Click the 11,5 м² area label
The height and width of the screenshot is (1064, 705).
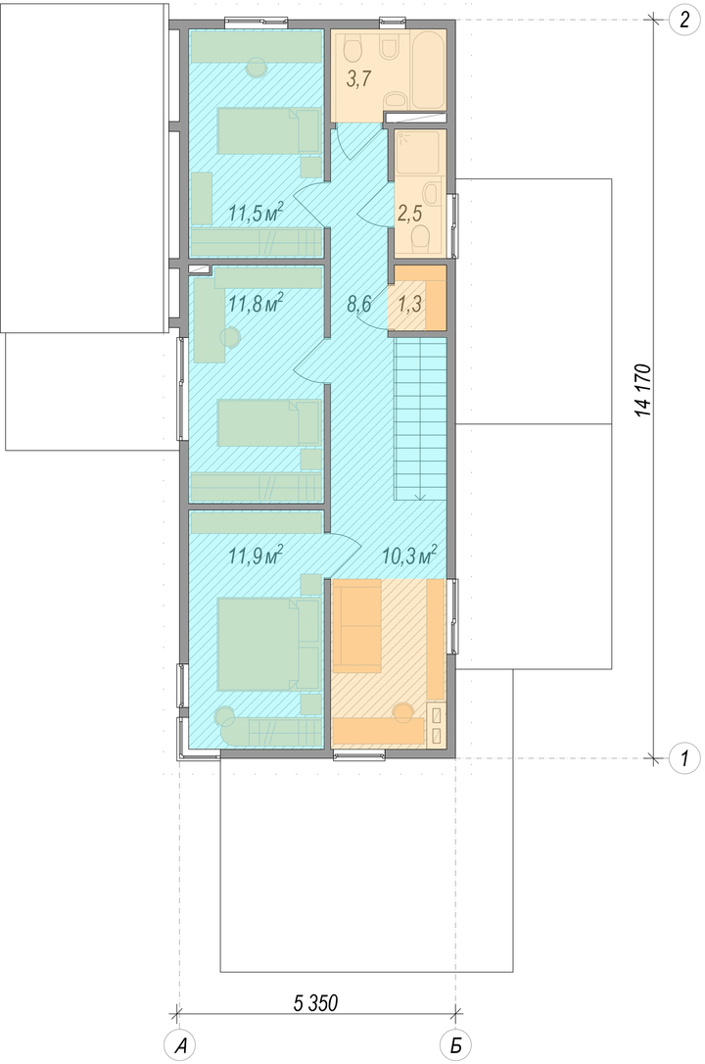pos(255,213)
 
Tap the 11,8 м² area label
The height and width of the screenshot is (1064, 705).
pos(255,302)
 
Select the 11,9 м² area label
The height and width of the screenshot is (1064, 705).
pos(255,556)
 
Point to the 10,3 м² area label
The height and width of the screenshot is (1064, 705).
pos(408,556)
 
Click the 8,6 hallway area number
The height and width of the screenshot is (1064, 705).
pos(359,304)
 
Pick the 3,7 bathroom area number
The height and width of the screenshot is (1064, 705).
pos(358,79)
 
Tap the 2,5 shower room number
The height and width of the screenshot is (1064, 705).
pos(409,214)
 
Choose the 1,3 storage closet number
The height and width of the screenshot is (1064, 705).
pos(409,304)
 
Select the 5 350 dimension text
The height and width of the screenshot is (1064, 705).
pos(316,1002)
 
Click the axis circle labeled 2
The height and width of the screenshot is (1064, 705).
pos(684,19)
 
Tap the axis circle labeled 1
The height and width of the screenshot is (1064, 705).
pos(684,756)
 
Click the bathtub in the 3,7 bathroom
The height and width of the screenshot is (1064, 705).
pos(428,70)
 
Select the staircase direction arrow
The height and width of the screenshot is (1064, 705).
pos(420,419)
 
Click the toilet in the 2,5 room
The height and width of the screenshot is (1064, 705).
pos(421,237)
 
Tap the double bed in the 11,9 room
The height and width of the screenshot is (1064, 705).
pos(268,645)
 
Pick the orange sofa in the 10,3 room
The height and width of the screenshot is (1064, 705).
pos(357,626)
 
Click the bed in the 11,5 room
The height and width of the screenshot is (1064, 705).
pos(268,131)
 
